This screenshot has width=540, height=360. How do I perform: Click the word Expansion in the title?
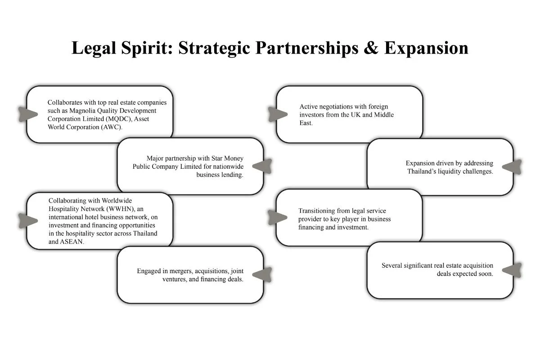[426, 48]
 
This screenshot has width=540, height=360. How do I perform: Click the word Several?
[392, 265]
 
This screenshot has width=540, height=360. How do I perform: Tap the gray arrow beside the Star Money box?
[262, 166]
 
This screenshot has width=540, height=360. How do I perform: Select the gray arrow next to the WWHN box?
[28, 220]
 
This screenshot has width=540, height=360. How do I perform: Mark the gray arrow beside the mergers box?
[262, 274]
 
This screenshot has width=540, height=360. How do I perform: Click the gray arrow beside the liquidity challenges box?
[512, 167]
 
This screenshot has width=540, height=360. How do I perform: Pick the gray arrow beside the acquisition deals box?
[512, 270]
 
